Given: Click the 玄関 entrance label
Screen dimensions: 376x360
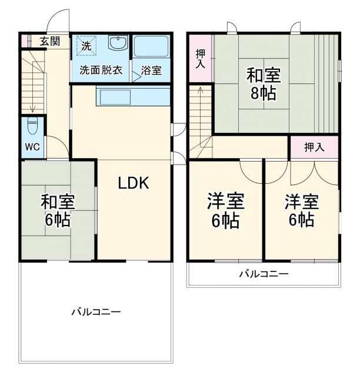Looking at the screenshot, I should pos(50,41).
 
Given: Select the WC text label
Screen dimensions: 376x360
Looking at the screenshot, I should pos(32,147).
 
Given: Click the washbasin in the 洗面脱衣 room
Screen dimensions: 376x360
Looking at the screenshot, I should pos(118,44).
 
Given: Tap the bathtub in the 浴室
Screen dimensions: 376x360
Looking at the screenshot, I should pos(151,46).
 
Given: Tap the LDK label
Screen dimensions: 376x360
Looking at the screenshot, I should pos(134,183).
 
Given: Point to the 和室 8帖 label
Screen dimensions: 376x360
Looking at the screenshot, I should pos(262,84).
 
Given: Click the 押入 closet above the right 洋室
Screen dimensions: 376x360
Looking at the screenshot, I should pos(314,147).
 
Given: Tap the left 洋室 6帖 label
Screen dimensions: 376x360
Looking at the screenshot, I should pos(225,211).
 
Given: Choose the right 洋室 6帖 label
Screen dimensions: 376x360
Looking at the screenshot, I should pos(302,211).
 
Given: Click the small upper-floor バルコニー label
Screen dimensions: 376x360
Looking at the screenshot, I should pos(263,274).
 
